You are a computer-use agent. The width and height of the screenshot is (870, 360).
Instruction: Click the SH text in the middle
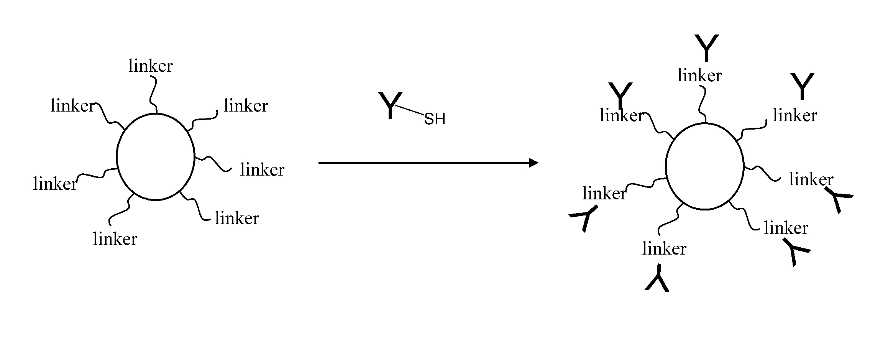click(435, 119)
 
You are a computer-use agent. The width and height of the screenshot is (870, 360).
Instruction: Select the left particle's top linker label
click(151, 66)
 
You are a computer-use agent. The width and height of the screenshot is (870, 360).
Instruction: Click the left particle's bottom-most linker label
click(115, 239)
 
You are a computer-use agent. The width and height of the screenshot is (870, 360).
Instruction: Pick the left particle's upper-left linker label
click(72, 106)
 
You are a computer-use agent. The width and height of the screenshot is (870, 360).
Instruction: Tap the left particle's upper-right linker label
click(246, 106)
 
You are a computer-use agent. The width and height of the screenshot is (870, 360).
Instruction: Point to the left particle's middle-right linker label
click(262, 170)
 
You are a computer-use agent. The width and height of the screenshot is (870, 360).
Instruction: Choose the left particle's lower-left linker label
click(55, 184)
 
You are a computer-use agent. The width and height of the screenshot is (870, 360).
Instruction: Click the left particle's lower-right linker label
click(237, 219)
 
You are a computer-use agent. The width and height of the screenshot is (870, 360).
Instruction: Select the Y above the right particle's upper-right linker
click(802, 86)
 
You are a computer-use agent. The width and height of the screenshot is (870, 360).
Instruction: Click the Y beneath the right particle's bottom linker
click(658, 278)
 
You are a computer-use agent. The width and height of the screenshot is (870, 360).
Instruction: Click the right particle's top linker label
click(699, 76)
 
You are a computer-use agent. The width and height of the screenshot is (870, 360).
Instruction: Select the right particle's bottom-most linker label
click(664, 249)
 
